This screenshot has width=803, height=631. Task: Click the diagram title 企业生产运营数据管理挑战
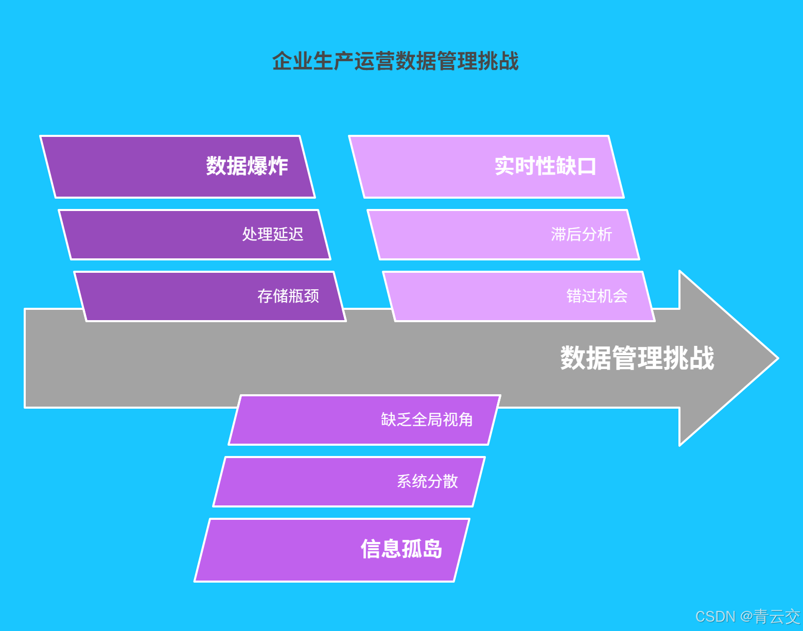(x=395, y=61)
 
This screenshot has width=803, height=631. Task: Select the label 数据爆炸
(x=247, y=166)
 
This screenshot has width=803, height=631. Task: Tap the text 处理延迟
(x=273, y=235)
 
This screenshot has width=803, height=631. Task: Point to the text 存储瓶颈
(x=288, y=296)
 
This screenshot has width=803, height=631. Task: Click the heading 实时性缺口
(x=545, y=166)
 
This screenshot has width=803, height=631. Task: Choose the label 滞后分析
(x=582, y=235)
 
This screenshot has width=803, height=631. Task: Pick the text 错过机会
(x=597, y=296)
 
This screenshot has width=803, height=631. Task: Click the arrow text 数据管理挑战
(x=637, y=358)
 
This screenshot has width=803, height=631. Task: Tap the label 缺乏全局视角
(x=427, y=420)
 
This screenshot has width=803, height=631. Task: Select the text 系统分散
(x=427, y=482)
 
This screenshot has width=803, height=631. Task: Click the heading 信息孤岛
(x=401, y=549)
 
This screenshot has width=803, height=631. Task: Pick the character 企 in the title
(x=282, y=61)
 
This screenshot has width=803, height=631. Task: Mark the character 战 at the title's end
(x=509, y=61)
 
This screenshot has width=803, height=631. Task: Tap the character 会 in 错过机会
(x=620, y=296)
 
